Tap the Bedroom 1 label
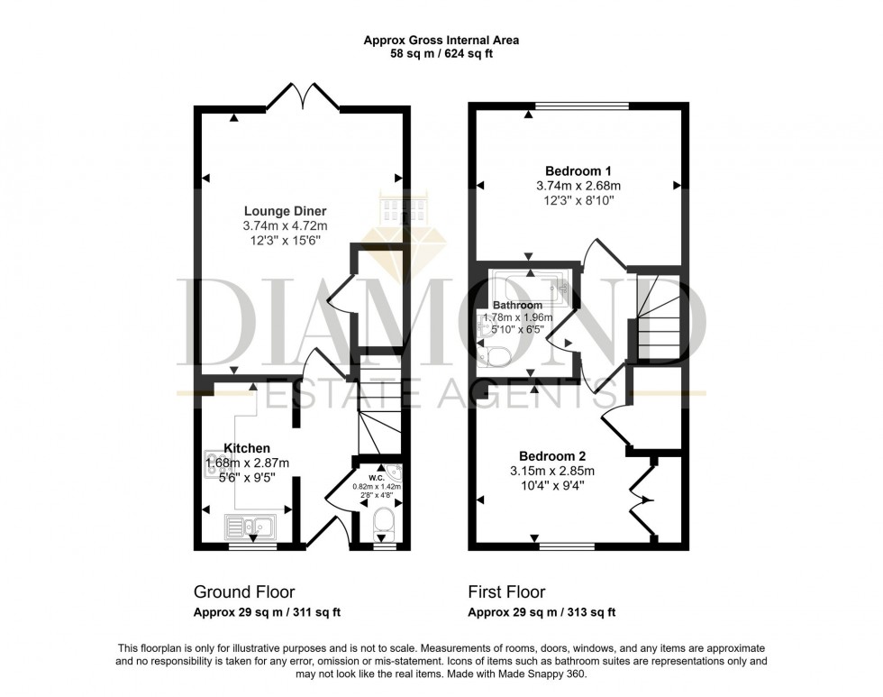point(578,170)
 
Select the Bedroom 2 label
point(552,455)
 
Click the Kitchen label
point(247,448)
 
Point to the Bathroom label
point(517,306)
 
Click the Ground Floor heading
point(244,592)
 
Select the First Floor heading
point(506,592)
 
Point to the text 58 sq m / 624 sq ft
point(441,54)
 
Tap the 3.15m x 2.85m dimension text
point(552,471)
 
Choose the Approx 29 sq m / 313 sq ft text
point(542,612)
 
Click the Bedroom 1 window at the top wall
point(582,105)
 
